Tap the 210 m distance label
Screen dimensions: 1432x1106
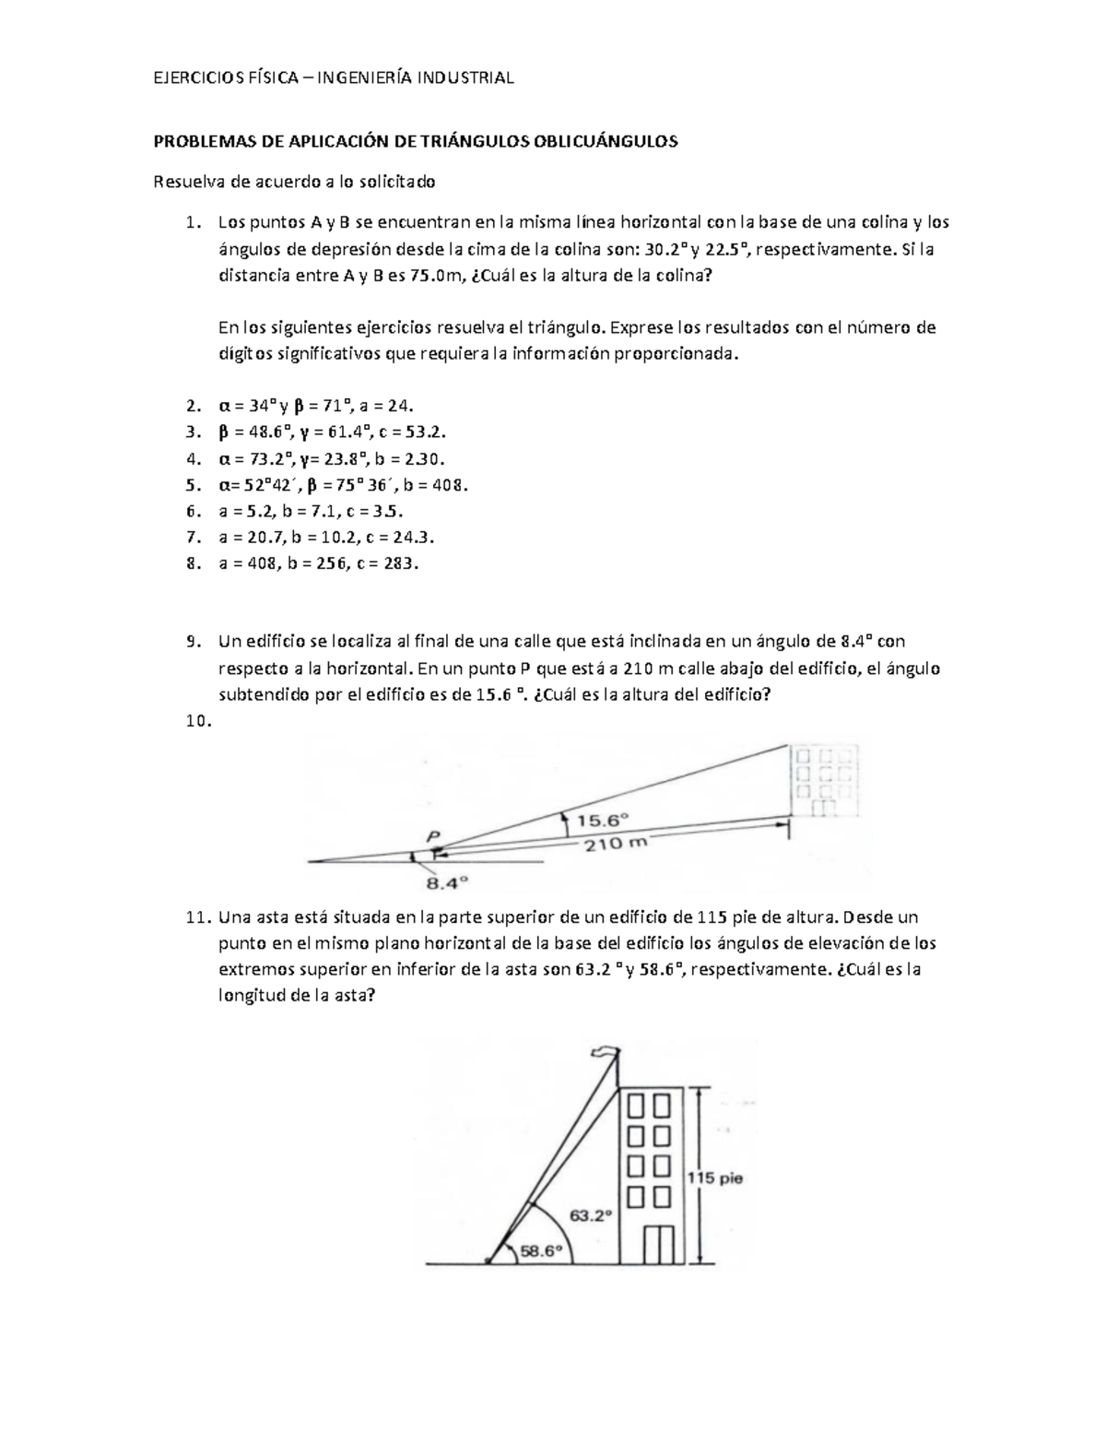click(x=609, y=844)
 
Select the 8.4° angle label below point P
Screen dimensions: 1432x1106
click(x=446, y=882)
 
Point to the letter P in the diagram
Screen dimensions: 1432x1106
click(x=433, y=835)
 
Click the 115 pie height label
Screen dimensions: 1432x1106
click(x=715, y=1178)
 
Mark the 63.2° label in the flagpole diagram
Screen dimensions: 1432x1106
click(x=590, y=1215)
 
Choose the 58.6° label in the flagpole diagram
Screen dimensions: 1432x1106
click(x=541, y=1251)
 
